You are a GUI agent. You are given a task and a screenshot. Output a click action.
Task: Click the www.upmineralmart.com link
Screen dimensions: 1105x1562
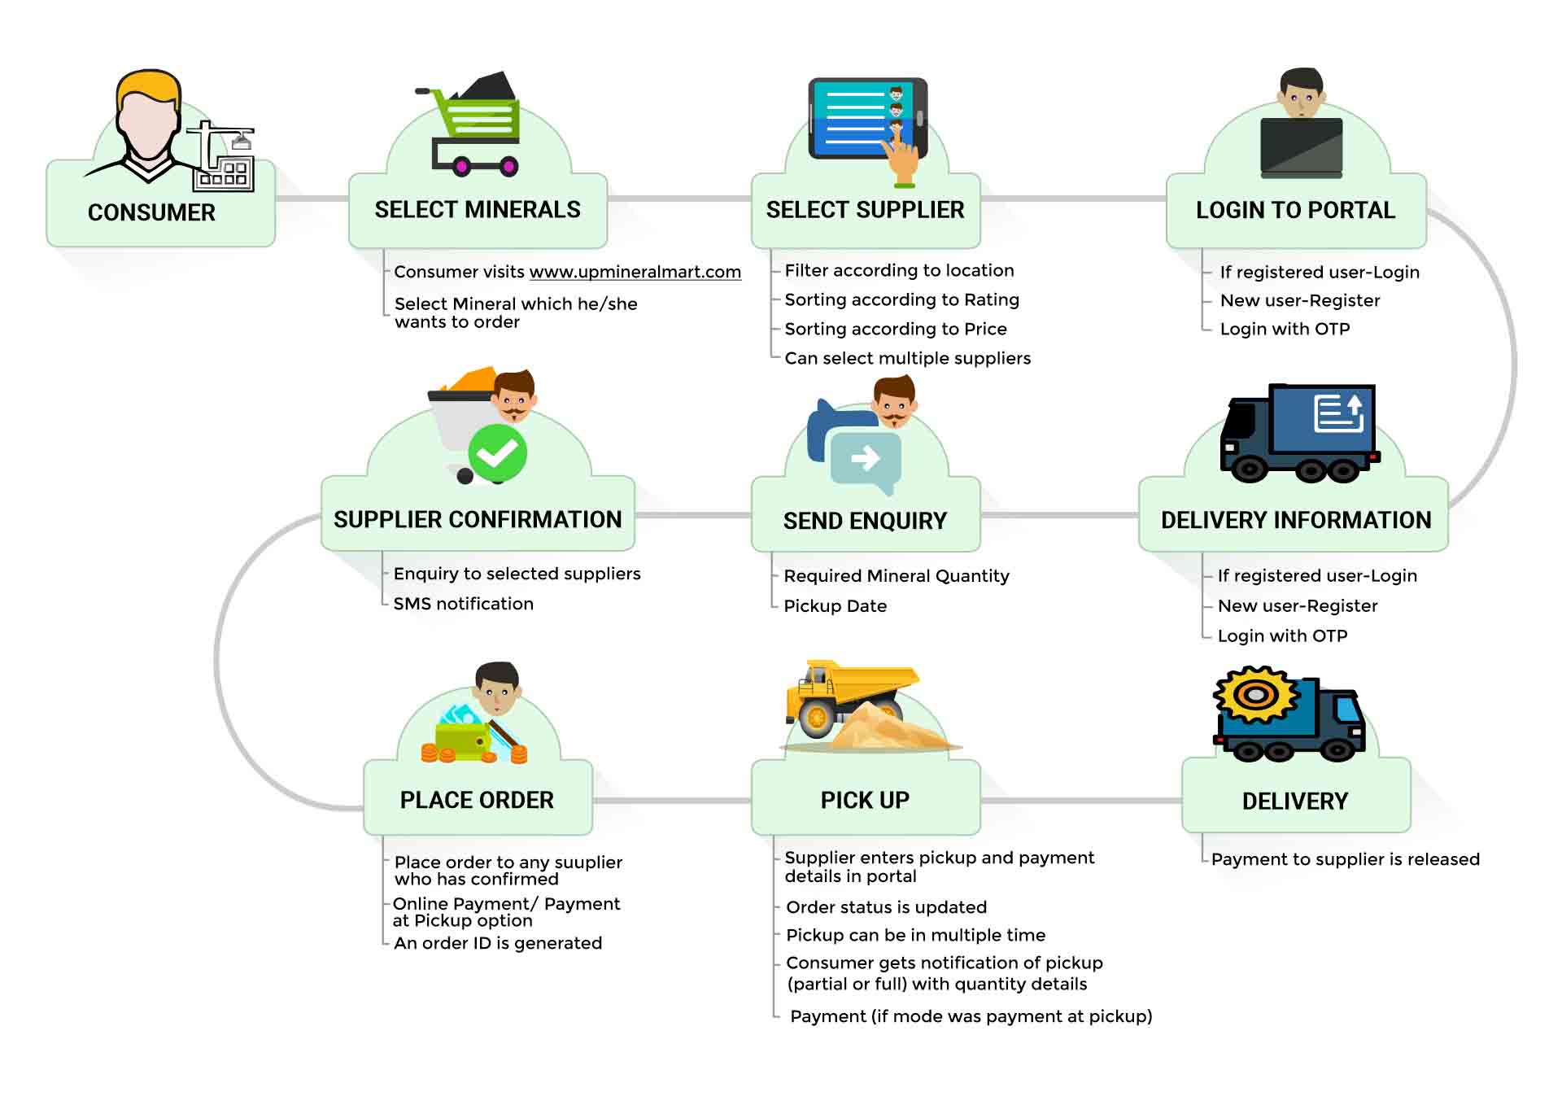pos(635,272)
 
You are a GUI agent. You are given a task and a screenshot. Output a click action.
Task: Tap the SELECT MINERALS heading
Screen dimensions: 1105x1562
pos(478,210)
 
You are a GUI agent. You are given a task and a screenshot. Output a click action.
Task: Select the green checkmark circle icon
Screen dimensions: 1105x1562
pos(497,453)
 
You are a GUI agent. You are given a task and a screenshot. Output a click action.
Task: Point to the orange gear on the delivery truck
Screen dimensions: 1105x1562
pos(1255,695)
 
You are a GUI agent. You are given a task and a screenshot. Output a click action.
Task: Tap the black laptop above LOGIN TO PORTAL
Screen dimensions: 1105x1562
pos(1301,146)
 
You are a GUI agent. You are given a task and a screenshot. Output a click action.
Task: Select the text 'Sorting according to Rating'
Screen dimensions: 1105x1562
pos(901,299)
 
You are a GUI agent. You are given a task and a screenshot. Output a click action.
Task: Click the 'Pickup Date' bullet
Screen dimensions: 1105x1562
pos(835,605)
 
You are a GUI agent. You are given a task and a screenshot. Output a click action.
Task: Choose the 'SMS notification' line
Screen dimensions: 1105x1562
pos(463,604)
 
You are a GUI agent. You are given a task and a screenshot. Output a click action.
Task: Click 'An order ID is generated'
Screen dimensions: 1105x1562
pos(497,943)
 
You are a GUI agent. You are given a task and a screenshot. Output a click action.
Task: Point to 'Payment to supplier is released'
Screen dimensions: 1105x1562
pos(1345,859)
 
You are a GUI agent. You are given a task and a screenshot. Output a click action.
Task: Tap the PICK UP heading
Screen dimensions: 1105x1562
pos(865,800)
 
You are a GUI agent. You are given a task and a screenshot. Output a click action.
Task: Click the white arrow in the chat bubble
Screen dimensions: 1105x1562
pos(865,458)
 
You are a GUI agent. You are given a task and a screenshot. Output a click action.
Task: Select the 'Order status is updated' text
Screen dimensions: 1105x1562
pos(886,907)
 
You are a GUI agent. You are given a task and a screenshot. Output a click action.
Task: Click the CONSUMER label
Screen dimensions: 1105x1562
pos(151,212)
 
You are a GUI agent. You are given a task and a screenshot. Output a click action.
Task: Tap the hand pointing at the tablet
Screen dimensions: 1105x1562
pos(902,159)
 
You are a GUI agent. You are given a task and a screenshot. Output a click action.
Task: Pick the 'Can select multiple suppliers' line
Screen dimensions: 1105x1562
pos(907,358)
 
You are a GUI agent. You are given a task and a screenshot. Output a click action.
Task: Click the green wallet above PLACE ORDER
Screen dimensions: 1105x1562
pos(462,740)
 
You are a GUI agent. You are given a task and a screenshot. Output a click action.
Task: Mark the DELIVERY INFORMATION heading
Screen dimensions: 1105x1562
pos(1295,520)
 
